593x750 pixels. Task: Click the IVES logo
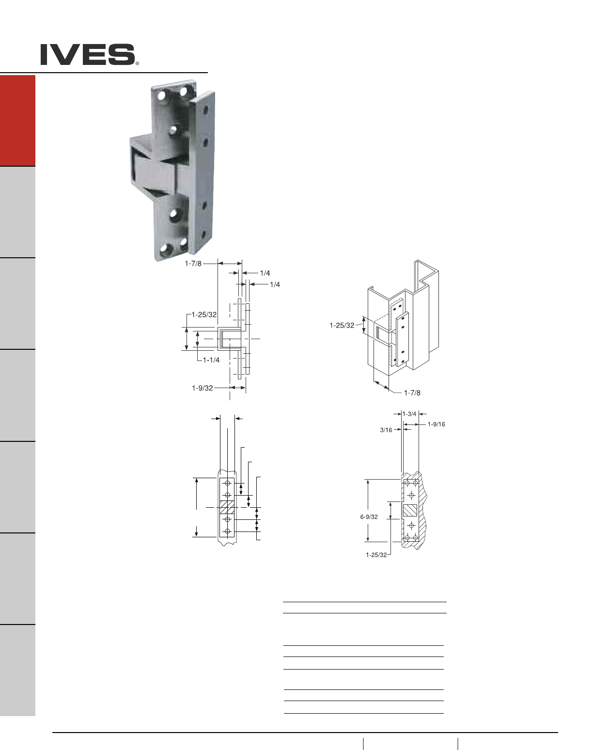tap(88, 54)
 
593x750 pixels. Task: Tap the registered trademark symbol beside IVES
tap(137, 63)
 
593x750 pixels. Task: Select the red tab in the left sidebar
tap(17, 121)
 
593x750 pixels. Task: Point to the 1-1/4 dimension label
tap(211, 360)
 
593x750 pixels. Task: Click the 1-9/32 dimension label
tap(203, 388)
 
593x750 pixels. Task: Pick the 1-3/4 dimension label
tap(410, 414)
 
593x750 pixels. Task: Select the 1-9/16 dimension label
tap(437, 424)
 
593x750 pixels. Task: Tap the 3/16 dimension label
tap(386, 430)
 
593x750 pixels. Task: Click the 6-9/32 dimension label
tap(369, 517)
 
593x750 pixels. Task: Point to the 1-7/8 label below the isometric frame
tap(412, 393)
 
